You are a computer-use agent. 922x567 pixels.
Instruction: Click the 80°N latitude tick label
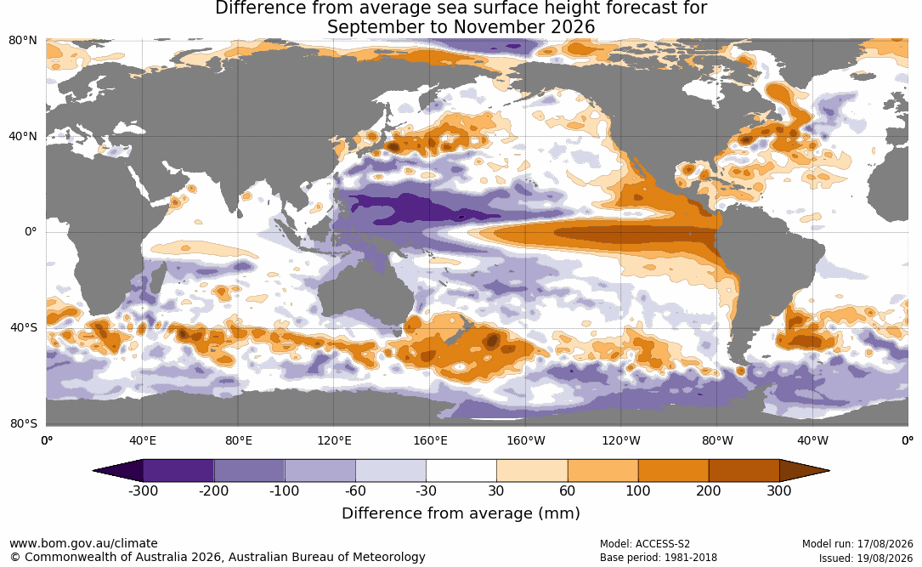(22, 41)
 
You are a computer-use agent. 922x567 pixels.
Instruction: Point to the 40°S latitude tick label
(23, 327)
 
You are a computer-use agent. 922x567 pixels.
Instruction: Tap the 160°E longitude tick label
(430, 440)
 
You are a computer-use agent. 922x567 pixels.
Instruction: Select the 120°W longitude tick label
(621, 440)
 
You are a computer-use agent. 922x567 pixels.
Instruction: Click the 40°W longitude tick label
(812, 440)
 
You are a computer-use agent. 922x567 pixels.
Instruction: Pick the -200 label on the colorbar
(213, 491)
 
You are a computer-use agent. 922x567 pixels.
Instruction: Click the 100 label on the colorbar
(638, 491)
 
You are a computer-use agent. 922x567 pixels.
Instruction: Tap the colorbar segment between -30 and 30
(461, 471)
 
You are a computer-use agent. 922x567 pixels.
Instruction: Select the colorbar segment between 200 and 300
(744, 471)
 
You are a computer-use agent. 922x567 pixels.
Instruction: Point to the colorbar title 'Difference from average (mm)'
(461, 513)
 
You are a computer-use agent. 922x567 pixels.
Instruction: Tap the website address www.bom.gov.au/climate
(83, 543)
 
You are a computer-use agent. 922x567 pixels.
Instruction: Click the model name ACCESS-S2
(663, 544)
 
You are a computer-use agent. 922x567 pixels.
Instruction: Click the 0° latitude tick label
(31, 232)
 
